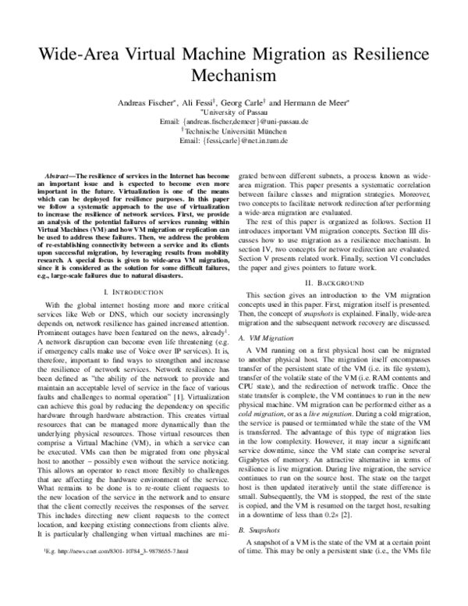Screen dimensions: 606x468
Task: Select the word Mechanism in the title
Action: pyautogui.click(x=234, y=76)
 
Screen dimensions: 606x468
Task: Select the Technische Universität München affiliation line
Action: pyautogui.click(x=235, y=132)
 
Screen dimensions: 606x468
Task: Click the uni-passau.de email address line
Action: pyautogui.click(x=234, y=123)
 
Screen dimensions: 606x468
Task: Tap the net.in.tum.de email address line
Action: pyautogui.click(x=234, y=141)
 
